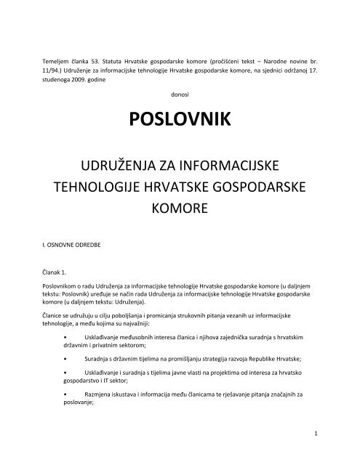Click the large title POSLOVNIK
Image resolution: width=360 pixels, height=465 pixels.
point(180,118)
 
